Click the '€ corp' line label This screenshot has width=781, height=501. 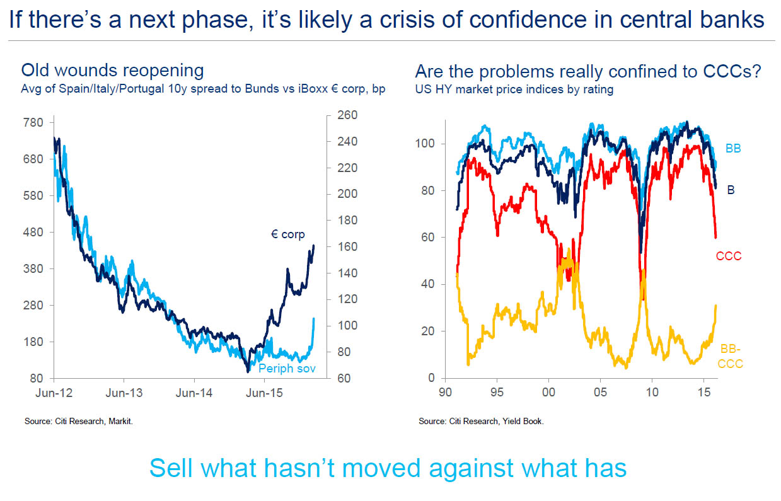pyautogui.click(x=287, y=234)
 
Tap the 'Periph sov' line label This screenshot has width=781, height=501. pyautogui.click(x=287, y=368)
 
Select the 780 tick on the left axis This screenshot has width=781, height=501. pyautogui.click(x=33, y=122)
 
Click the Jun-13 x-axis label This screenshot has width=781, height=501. pyautogui.click(x=124, y=393)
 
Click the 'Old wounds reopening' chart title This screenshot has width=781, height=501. pyautogui.click(x=113, y=71)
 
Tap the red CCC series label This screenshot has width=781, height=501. pyautogui.click(x=728, y=256)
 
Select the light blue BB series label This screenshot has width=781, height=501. pyautogui.click(x=733, y=149)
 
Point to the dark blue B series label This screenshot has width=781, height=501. pyautogui.click(x=731, y=189)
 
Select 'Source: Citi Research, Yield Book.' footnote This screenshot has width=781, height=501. pyautogui.click(x=481, y=421)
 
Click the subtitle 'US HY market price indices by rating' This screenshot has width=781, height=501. pyautogui.click(x=514, y=89)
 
